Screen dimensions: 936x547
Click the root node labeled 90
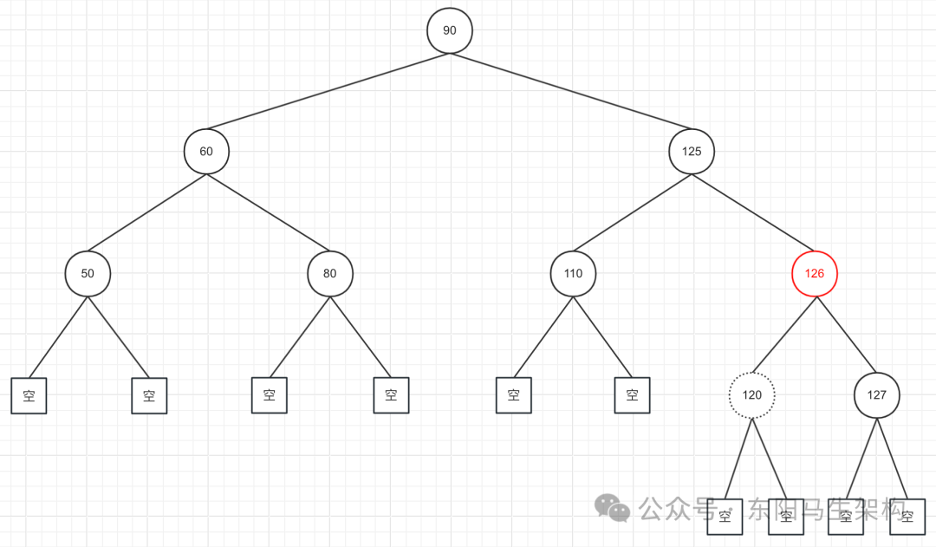click(450, 30)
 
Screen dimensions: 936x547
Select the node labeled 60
click(206, 152)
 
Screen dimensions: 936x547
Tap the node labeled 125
click(692, 152)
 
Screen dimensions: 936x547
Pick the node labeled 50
click(88, 274)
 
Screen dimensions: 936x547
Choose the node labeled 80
click(329, 274)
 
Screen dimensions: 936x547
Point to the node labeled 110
click(573, 274)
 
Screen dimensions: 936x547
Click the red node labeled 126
click(815, 274)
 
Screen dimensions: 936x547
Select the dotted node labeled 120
click(751, 395)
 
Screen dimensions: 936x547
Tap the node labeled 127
click(877, 395)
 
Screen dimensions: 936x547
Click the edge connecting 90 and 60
click(328, 91)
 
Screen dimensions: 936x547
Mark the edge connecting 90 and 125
click(570, 91)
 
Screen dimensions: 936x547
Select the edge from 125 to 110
click(633, 212)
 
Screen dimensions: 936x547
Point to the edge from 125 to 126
click(753, 212)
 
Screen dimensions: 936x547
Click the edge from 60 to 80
click(268, 212)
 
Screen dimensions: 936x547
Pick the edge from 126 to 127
click(846, 335)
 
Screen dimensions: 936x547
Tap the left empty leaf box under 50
click(29, 396)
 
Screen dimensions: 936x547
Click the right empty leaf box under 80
click(391, 395)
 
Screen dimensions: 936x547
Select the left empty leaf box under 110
click(514, 395)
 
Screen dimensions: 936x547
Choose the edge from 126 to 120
click(783, 335)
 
